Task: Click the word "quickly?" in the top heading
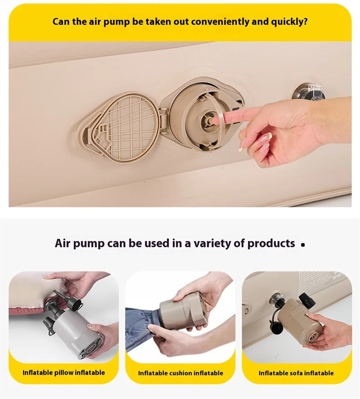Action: (x=289, y=22)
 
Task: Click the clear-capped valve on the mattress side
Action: (x=309, y=92)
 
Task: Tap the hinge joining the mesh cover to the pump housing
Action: (x=163, y=119)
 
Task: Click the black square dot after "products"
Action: (x=303, y=245)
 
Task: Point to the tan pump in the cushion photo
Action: (x=183, y=312)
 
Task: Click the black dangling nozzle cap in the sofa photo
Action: (x=276, y=327)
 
